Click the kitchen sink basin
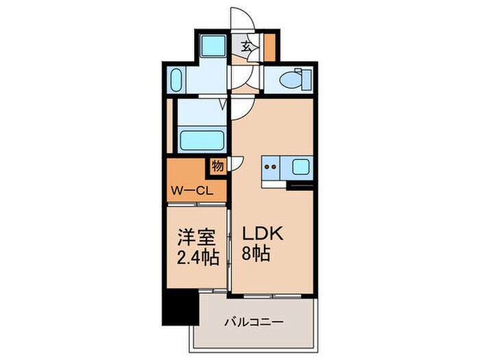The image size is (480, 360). (302, 166)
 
